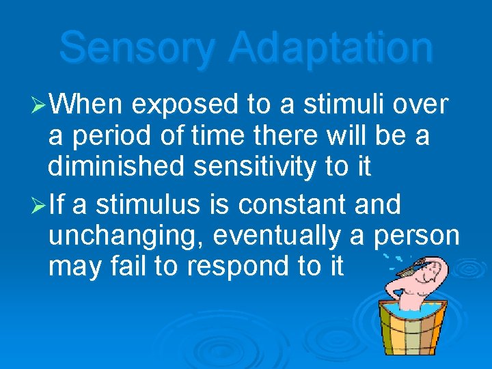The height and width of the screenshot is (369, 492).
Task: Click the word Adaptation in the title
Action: coord(331,49)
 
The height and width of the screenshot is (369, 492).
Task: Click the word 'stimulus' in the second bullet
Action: coord(130,204)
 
